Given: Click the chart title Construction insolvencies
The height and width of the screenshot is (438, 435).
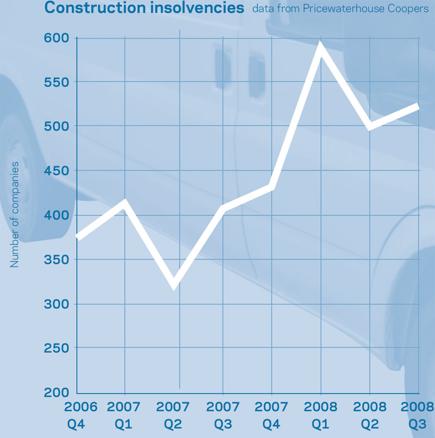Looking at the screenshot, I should click(144, 8).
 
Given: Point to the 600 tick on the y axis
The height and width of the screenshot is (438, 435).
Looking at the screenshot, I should click(56, 38).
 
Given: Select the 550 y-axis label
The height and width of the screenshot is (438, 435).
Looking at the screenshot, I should click(56, 82).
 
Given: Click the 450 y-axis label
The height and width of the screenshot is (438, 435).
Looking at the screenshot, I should click(56, 171).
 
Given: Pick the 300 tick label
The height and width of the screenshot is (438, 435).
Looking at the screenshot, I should click(56, 304).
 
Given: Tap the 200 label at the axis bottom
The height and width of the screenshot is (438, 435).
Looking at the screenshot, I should click(56, 392).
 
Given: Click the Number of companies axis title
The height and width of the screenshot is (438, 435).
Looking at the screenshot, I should click(15, 215).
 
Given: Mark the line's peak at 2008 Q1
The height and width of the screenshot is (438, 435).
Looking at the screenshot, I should click(321, 48).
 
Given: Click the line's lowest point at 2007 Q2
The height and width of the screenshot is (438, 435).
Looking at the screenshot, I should click(174, 285).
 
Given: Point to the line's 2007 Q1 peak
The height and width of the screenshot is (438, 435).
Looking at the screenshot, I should click(126, 203).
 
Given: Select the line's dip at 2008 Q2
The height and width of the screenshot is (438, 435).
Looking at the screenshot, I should click(370, 128).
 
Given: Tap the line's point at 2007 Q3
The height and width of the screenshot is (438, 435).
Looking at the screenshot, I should click(223, 209).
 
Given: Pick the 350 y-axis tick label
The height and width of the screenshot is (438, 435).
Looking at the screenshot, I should click(56, 260).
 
